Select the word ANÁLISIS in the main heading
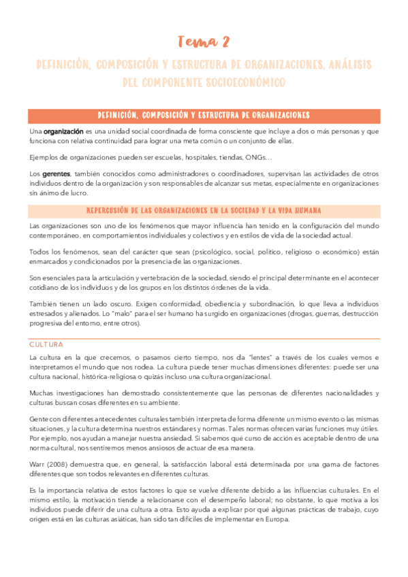point(349,65)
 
